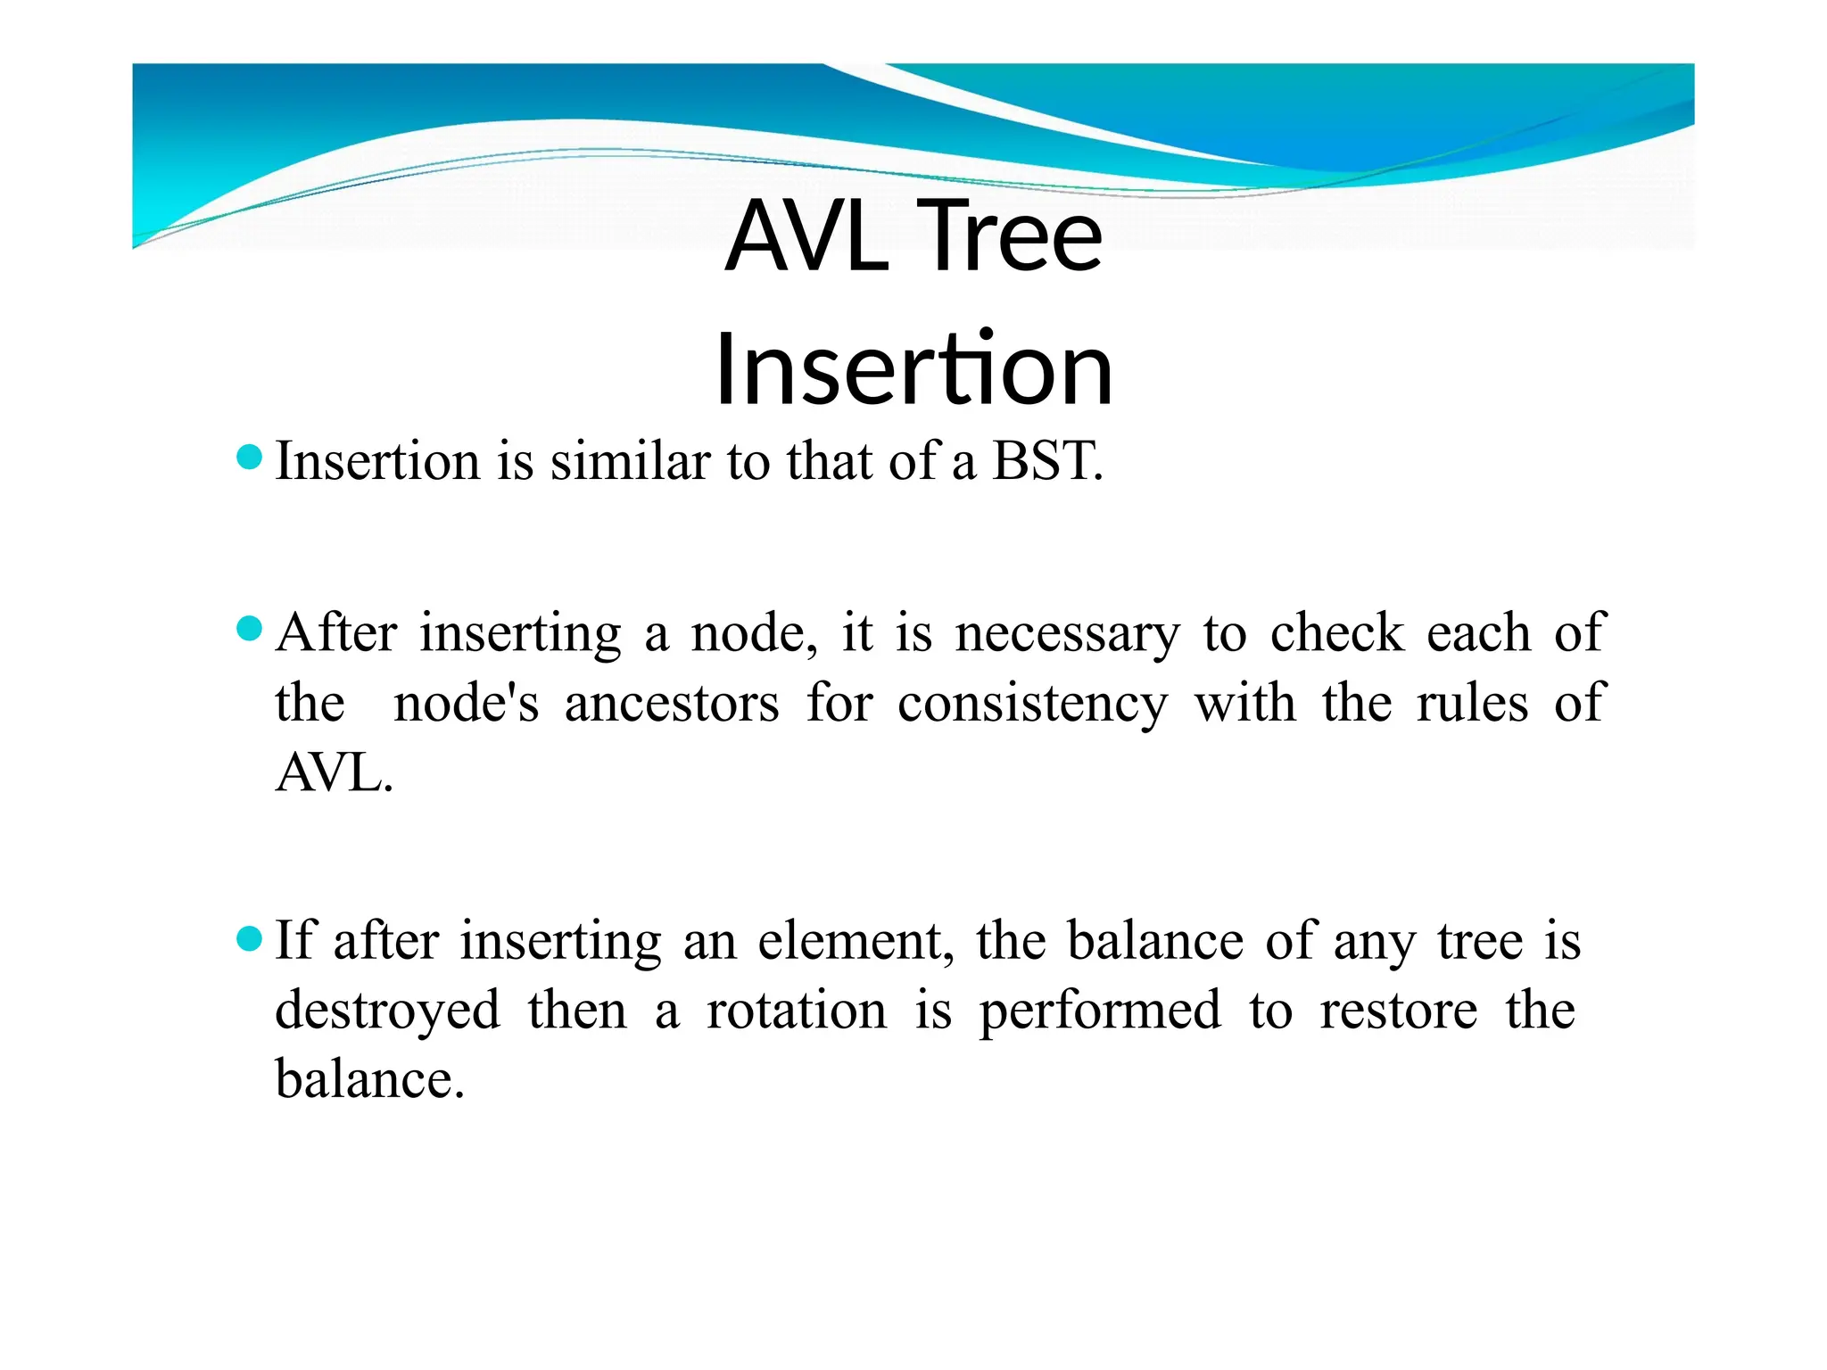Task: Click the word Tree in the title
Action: pyautogui.click(x=1010, y=236)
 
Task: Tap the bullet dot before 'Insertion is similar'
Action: pyautogui.click(x=250, y=458)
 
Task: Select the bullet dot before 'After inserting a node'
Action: pyautogui.click(x=250, y=630)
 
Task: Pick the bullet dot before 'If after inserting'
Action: pyautogui.click(x=250, y=938)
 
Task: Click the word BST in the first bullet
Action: pyautogui.click(x=1047, y=462)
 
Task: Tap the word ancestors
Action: pyautogui.click(x=672, y=704)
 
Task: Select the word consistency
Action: pyautogui.click(x=1032, y=704)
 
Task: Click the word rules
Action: pyautogui.click(x=1472, y=704)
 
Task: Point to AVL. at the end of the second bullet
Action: pyautogui.click(x=334, y=773)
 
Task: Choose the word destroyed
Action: pyautogui.click(x=387, y=1011)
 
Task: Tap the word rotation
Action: pyautogui.click(x=797, y=1011)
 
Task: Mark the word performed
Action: pyautogui.click(x=1100, y=1011)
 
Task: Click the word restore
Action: pyautogui.click(x=1398, y=1011)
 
